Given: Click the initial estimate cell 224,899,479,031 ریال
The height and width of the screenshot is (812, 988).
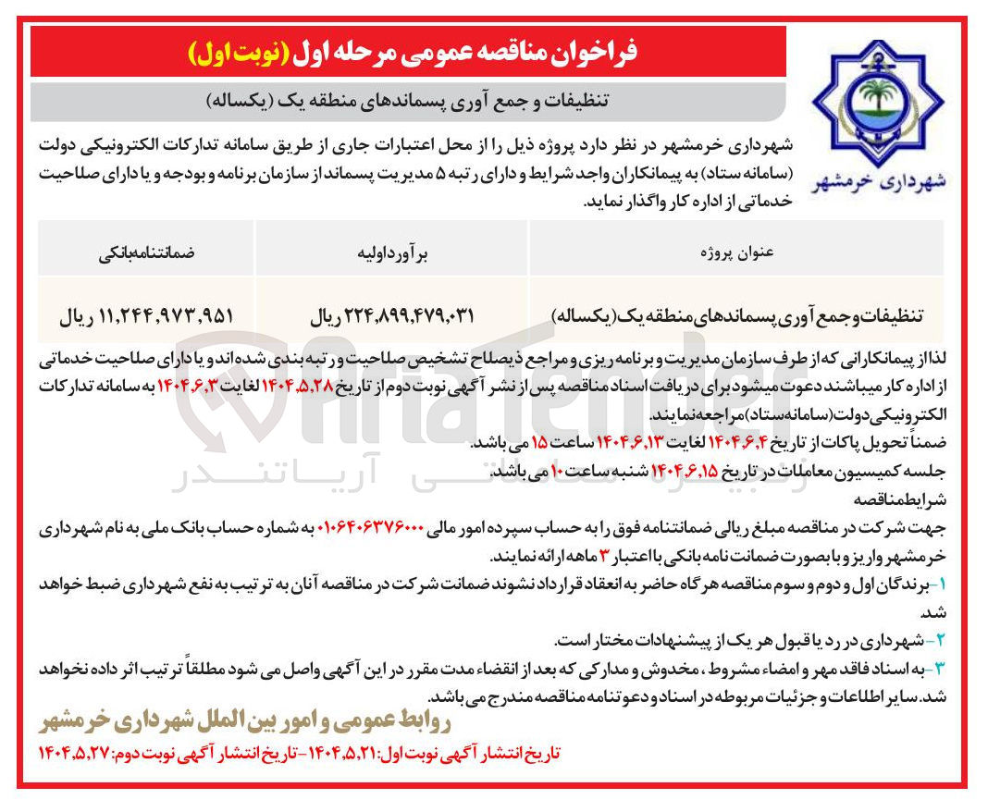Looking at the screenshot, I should (x=391, y=314).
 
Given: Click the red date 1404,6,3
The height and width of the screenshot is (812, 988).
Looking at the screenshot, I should (x=195, y=385).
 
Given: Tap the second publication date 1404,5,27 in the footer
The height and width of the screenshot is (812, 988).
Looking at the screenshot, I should (x=74, y=754).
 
